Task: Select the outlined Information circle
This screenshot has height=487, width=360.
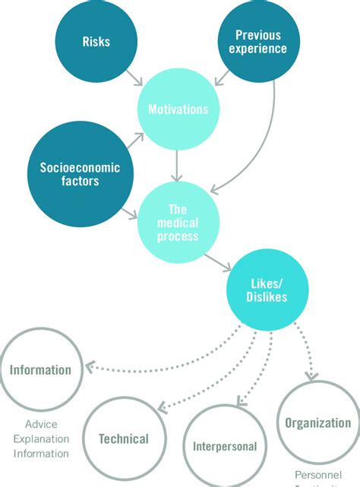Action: pos(40,370)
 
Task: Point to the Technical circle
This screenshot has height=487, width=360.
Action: pos(122,438)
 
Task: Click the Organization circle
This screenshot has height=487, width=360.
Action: pos(317,423)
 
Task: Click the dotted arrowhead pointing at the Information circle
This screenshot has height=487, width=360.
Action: pos(89,367)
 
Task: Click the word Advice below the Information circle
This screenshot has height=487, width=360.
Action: pos(40,424)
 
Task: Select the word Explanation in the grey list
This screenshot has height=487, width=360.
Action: pos(40,439)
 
